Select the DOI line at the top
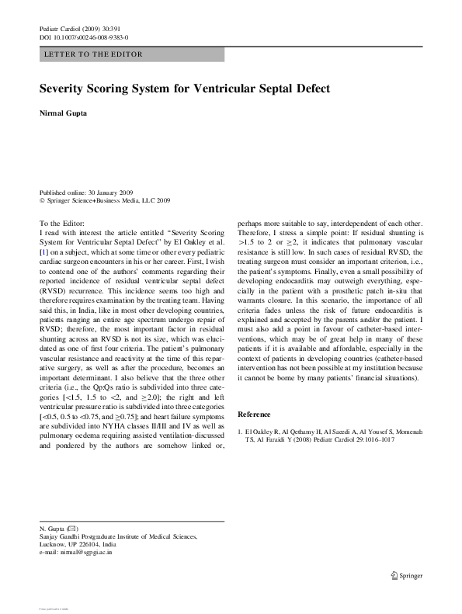coord(84,37)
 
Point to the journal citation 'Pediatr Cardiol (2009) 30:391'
coord(80,29)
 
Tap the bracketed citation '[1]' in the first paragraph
coord(44,253)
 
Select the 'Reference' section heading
coord(254,414)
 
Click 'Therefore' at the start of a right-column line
coord(256,233)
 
